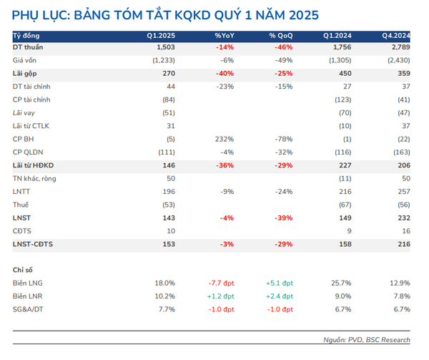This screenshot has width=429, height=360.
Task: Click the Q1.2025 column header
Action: [162, 35]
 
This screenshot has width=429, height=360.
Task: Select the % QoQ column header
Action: [281, 35]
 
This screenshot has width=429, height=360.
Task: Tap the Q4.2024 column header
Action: [396, 35]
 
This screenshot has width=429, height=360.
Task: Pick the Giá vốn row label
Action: [25, 60]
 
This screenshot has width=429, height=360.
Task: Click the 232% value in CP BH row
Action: [224, 139]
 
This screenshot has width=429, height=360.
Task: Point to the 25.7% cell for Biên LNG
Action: [341, 283]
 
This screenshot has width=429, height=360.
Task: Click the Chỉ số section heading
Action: [24, 270]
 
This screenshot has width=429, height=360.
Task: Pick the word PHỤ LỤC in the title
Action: [39, 14]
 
